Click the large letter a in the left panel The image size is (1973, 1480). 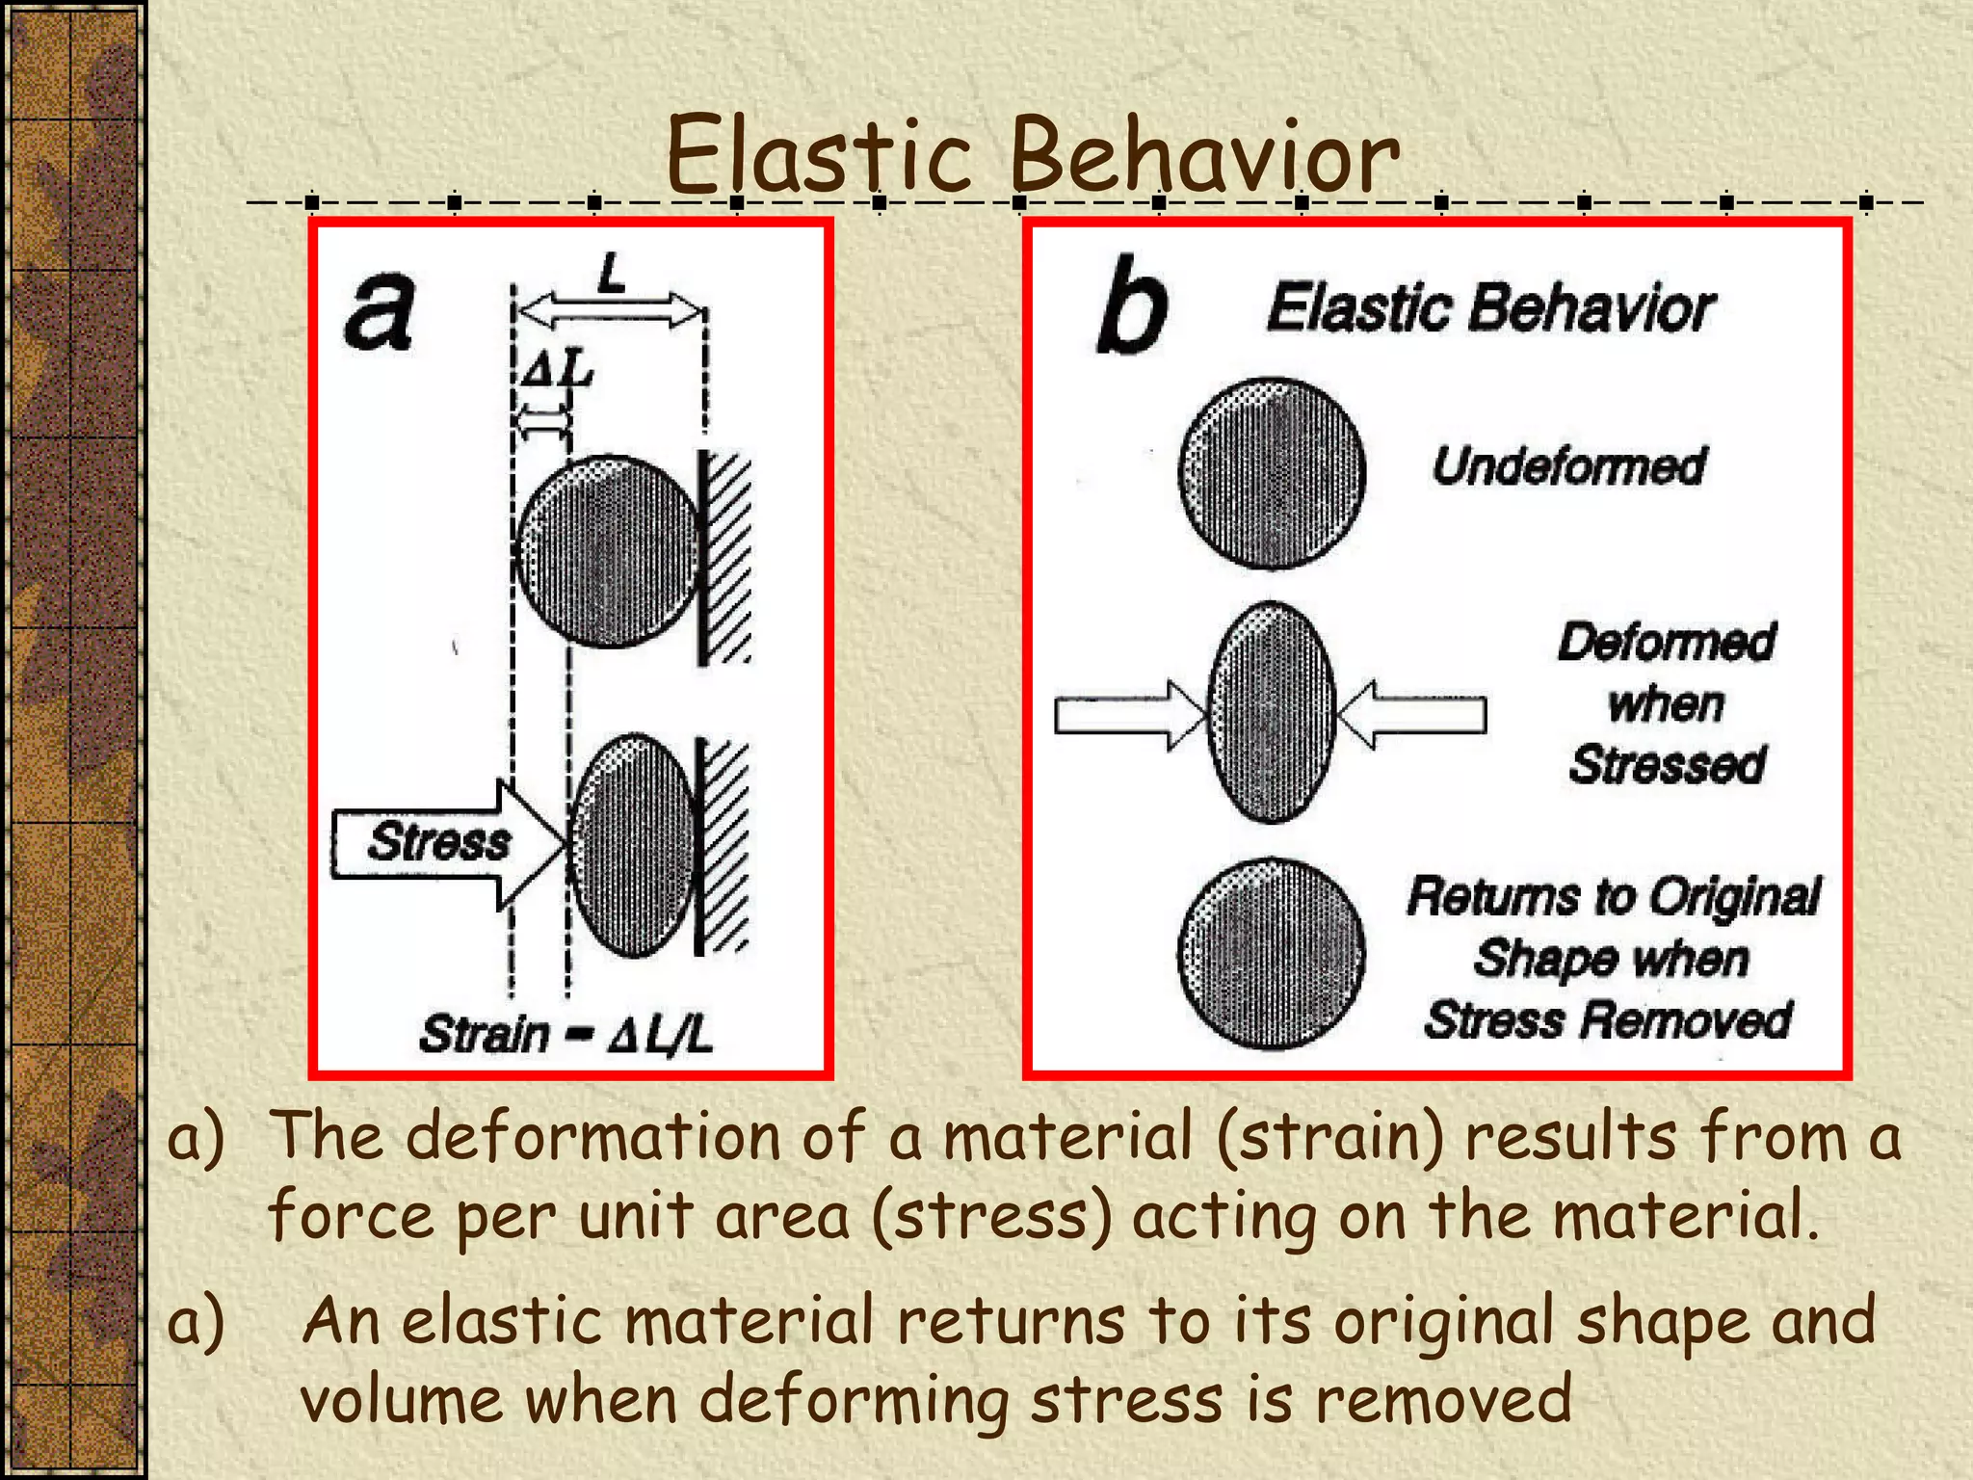point(380,310)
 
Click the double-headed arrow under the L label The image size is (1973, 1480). point(609,311)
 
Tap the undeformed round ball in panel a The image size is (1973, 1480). point(607,551)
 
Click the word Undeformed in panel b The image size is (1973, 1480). point(1568,467)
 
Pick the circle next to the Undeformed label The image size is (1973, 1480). point(1272,472)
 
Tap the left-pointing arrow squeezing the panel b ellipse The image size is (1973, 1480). point(1412,715)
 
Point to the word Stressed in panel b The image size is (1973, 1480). point(1667,765)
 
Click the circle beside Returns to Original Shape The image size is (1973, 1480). point(1272,954)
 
